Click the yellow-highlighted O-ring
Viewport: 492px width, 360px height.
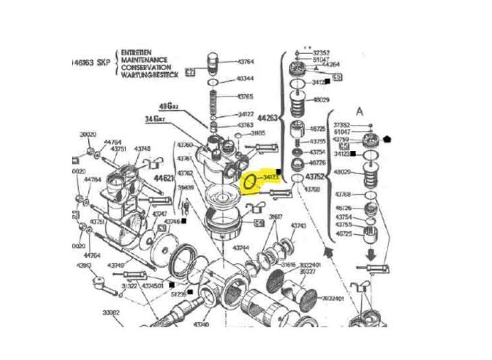coord(250,181)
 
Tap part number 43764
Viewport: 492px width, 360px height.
coord(246,61)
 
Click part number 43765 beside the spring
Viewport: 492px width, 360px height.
coord(246,96)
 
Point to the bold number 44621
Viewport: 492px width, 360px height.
coord(164,178)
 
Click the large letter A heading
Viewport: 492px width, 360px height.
coord(361,111)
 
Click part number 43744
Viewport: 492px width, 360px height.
coord(241,248)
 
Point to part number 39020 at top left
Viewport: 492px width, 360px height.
coord(88,135)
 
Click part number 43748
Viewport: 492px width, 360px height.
coord(142,148)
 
